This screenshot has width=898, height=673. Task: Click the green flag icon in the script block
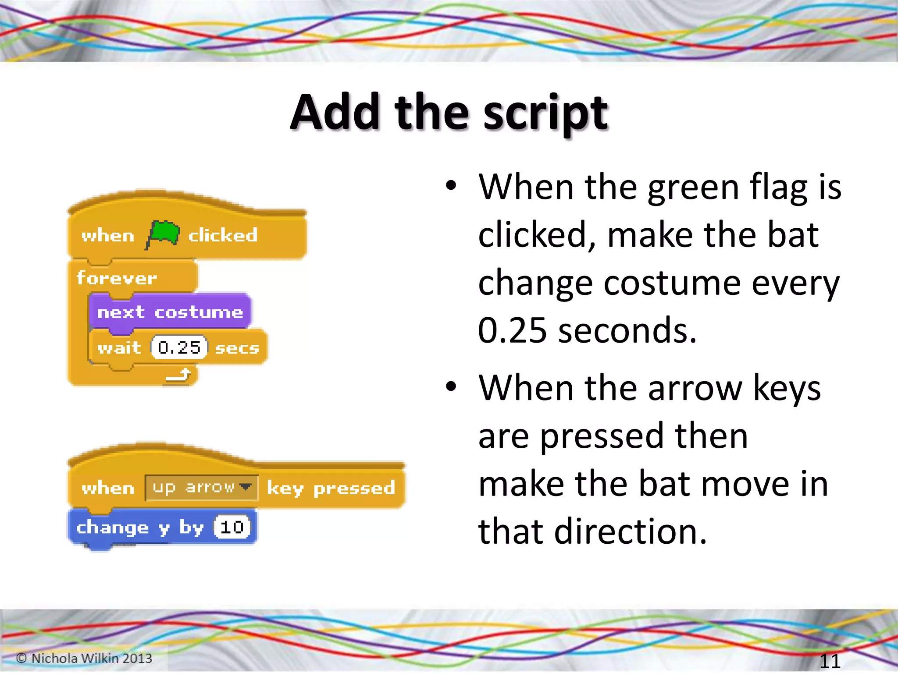pos(163,234)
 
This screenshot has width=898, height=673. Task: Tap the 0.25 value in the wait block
pos(179,348)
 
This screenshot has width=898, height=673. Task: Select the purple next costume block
pos(170,312)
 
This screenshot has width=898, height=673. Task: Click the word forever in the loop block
pos(117,278)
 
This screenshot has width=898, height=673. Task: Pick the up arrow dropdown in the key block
pos(201,488)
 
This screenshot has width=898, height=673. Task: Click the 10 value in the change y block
pos(232,527)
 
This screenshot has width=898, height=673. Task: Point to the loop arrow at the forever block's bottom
pos(179,375)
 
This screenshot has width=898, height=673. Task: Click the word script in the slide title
pos(545,113)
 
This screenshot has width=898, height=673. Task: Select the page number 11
pos(830,660)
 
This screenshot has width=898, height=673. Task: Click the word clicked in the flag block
pos(223,235)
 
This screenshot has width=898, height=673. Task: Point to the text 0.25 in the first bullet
pos(512,330)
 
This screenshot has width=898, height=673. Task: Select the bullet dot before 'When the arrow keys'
pos(451,386)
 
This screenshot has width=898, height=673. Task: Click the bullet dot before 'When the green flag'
pos(451,186)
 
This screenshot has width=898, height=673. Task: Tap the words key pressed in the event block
pos(331,488)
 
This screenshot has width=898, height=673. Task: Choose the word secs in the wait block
pos(237,348)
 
